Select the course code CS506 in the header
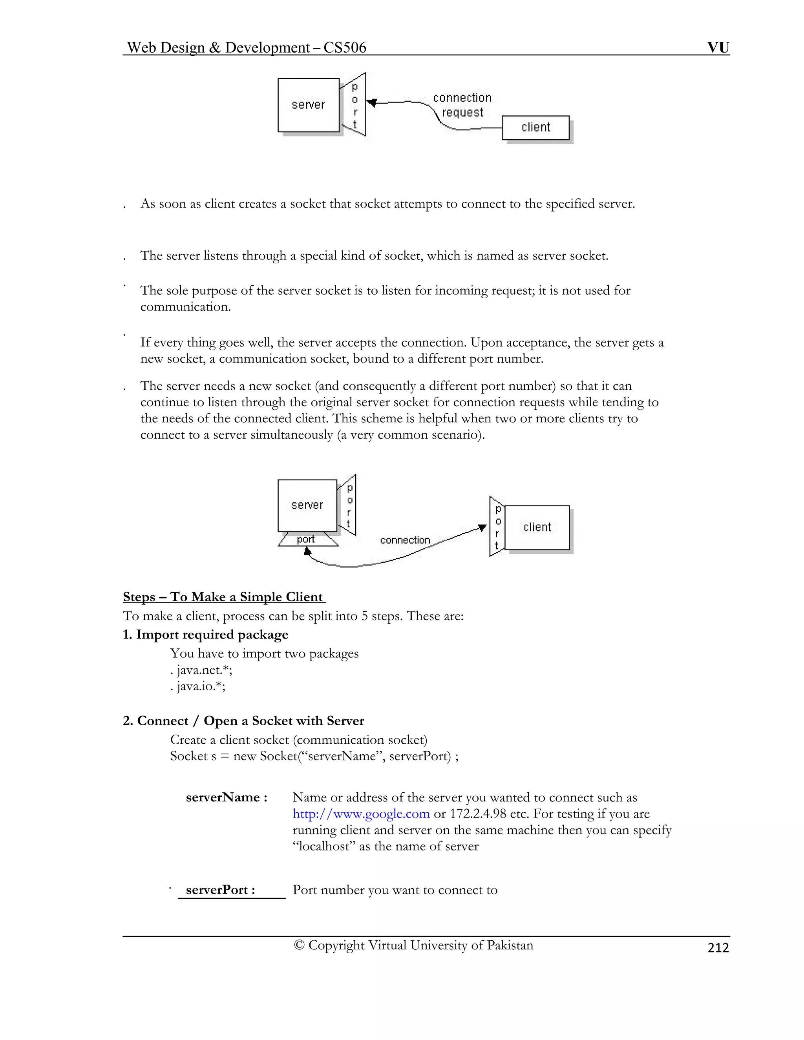pyautogui.click(x=344, y=47)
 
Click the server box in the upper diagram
pyautogui.click(x=308, y=105)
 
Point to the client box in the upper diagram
pyautogui.click(x=535, y=128)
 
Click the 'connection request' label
pyautogui.click(x=462, y=105)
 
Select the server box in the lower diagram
pyautogui.click(x=307, y=505)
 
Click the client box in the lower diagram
pyautogui.click(x=537, y=527)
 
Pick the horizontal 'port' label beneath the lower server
pyautogui.click(x=306, y=540)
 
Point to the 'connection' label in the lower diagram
pyautogui.click(x=405, y=540)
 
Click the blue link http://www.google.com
pyautogui.click(x=361, y=814)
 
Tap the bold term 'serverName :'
pyautogui.click(x=226, y=797)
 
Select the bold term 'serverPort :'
pyautogui.click(x=220, y=890)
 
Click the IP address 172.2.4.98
pyautogui.click(x=478, y=814)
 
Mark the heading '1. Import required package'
pyautogui.click(x=205, y=635)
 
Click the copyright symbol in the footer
pyautogui.click(x=299, y=945)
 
